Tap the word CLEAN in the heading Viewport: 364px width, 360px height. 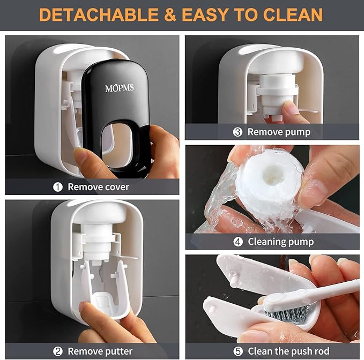[289, 14]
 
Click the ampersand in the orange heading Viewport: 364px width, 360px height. [170, 14]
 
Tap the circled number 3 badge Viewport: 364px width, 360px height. [237, 131]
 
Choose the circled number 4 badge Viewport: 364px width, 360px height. [238, 242]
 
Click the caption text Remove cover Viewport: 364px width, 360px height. [98, 187]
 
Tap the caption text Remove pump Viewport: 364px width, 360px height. [278, 131]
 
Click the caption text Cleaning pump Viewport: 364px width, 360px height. [280, 242]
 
